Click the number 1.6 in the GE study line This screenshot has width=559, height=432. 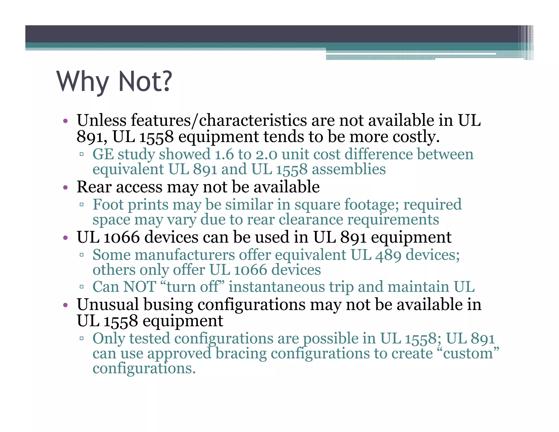(224, 154)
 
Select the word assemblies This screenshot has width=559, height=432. (349, 169)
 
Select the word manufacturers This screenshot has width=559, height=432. (185, 255)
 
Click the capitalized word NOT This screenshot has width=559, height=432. (139, 287)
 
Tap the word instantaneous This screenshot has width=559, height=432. (276, 287)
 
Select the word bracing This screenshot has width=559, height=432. (241, 353)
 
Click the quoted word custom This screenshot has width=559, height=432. (468, 353)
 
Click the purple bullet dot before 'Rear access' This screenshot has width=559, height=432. (65, 188)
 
